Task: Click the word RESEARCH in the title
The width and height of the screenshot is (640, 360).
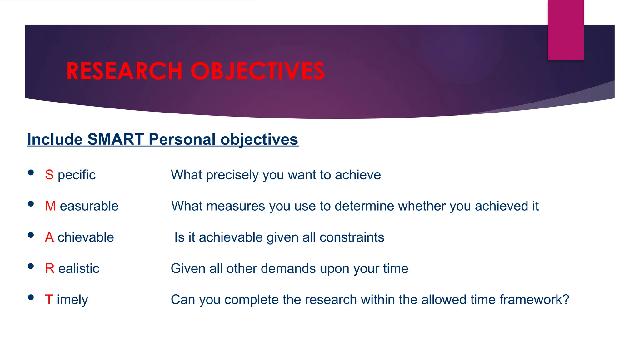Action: [x=124, y=71]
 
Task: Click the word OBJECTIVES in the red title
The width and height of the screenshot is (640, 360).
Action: [x=257, y=71]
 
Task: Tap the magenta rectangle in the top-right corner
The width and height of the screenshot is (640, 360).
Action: [x=566, y=30]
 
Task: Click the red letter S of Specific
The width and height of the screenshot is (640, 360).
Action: [x=49, y=175]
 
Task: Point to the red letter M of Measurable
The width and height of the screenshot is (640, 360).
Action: [x=50, y=206]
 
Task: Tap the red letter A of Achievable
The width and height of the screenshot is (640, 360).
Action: [x=49, y=237]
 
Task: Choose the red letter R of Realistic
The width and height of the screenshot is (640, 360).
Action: [x=49, y=268]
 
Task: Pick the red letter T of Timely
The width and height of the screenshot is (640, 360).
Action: [x=49, y=300]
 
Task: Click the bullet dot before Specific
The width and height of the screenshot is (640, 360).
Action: [x=31, y=172]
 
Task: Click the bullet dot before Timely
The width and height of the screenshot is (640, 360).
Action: [x=31, y=297]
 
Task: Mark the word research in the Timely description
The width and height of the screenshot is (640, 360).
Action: [x=331, y=300]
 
